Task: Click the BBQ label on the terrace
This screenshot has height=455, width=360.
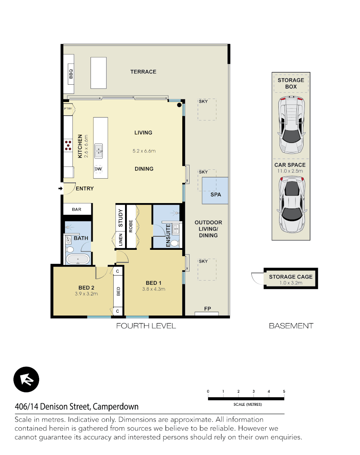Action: (x=71, y=74)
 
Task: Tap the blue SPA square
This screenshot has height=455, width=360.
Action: (x=216, y=191)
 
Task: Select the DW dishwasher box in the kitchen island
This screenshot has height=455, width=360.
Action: (x=98, y=169)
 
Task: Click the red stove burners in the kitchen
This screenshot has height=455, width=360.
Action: (x=68, y=145)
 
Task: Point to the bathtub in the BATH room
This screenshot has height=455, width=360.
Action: (x=78, y=259)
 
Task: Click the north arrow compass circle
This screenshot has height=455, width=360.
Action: (x=26, y=380)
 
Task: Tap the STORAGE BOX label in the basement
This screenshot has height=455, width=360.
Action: (x=291, y=83)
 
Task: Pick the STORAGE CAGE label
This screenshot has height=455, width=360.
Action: (x=291, y=277)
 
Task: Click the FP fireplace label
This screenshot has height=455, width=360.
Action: (x=207, y=309)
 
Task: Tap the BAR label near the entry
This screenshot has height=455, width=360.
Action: (x=77, y=209)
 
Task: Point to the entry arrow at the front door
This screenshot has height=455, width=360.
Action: (x=60, y=188)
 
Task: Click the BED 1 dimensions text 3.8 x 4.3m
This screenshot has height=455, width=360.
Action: (x=154, y=289)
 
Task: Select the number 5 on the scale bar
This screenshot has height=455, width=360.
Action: (x=284, y=392)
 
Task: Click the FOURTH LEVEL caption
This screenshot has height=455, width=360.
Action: (x=146, y=326)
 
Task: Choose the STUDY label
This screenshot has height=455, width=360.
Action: (x=120, y=218)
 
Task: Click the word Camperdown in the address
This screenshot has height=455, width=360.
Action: (x=115, y=407)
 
